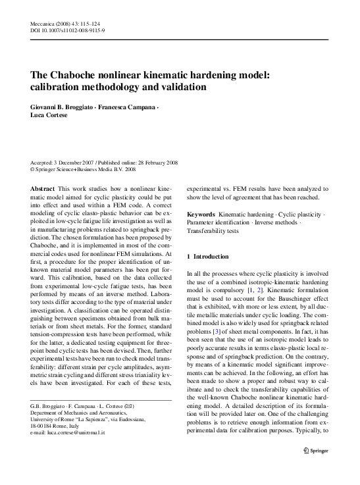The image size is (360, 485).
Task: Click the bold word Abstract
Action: pos(43,188)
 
